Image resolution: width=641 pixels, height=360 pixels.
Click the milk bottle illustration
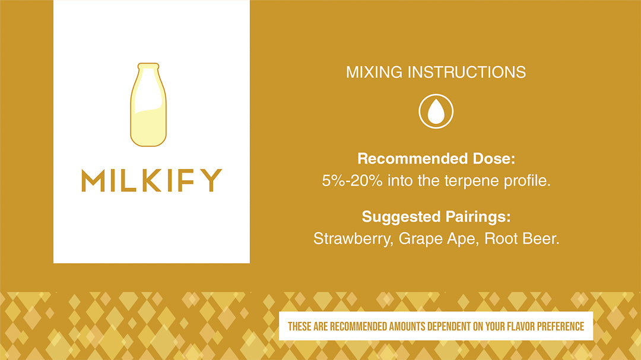click(x=148, y=104)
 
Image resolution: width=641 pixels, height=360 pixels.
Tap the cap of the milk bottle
click(x=148, y=66)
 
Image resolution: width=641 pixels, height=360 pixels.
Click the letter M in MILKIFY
click(x=93, y=180)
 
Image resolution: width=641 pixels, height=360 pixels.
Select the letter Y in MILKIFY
click(x=211, y=180)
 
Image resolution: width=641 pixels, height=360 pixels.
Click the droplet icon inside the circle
click(x=436, y=111)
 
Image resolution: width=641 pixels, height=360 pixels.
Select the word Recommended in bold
click(x=412, y=158)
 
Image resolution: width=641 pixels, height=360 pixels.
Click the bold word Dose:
click(x=494, y=158)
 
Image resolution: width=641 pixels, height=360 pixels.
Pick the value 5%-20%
click(x=352, y=181)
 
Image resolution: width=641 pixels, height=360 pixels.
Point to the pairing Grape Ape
click(x=437, y=239)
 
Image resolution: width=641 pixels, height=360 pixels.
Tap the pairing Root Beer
click(x=521, y=238)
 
